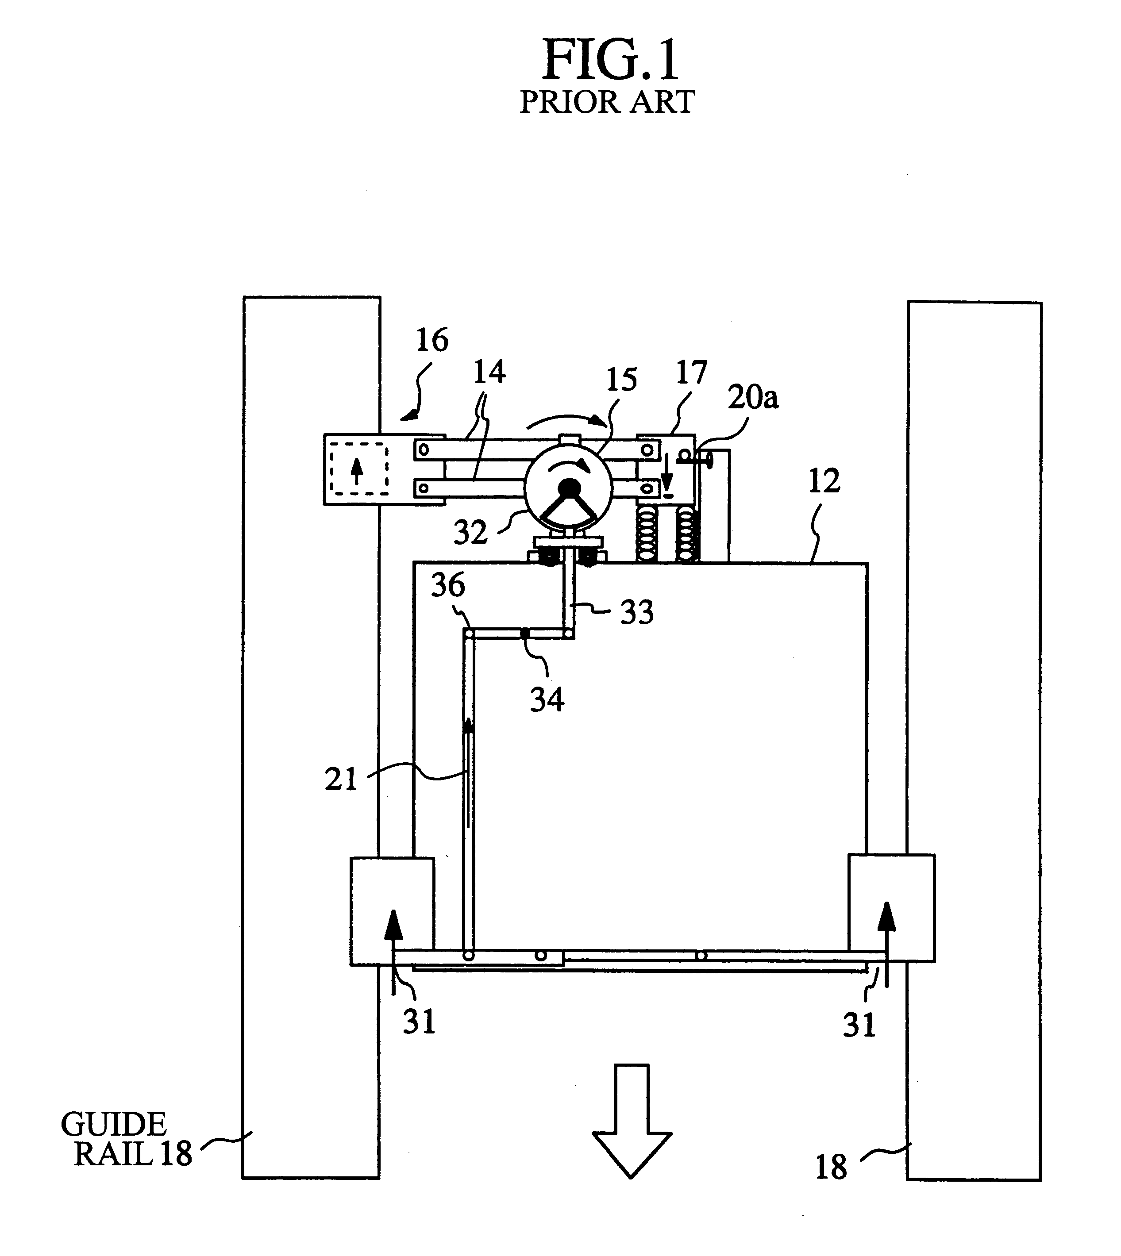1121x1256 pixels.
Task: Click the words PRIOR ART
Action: pyautogui.click(x=607, y=102)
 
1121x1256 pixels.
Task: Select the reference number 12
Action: pyautogui.click(x=824, y=481)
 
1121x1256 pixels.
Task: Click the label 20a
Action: pyautogui.click(x=753, y=398)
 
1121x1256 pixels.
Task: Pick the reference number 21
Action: pyautogui.click(x=341, y=780)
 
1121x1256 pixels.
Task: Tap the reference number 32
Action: pyautogui.click(x=470, y=532)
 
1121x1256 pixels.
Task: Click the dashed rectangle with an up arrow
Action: pyautogui.click(x=359, y=469)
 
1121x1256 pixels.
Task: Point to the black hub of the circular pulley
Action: pyautogui.click(x=569, y=488)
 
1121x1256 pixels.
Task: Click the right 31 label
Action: pyautogui.click(x=859, y=1025)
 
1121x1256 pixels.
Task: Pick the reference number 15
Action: pyautogui.click(x=621, y=380)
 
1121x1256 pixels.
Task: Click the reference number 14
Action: pyautogui.click(x=489, y=372)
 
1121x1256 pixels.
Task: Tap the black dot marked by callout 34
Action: pyautogui.click(x=525, y=633)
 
